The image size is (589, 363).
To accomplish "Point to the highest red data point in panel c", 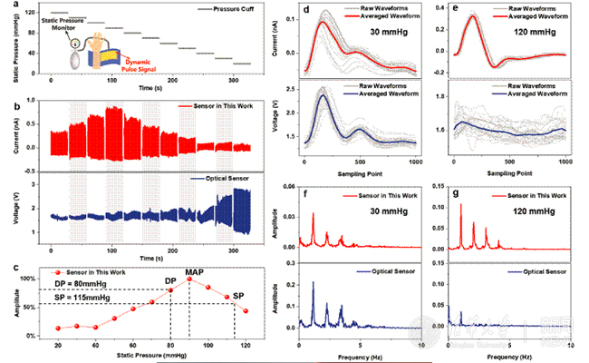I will coord(189,280).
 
